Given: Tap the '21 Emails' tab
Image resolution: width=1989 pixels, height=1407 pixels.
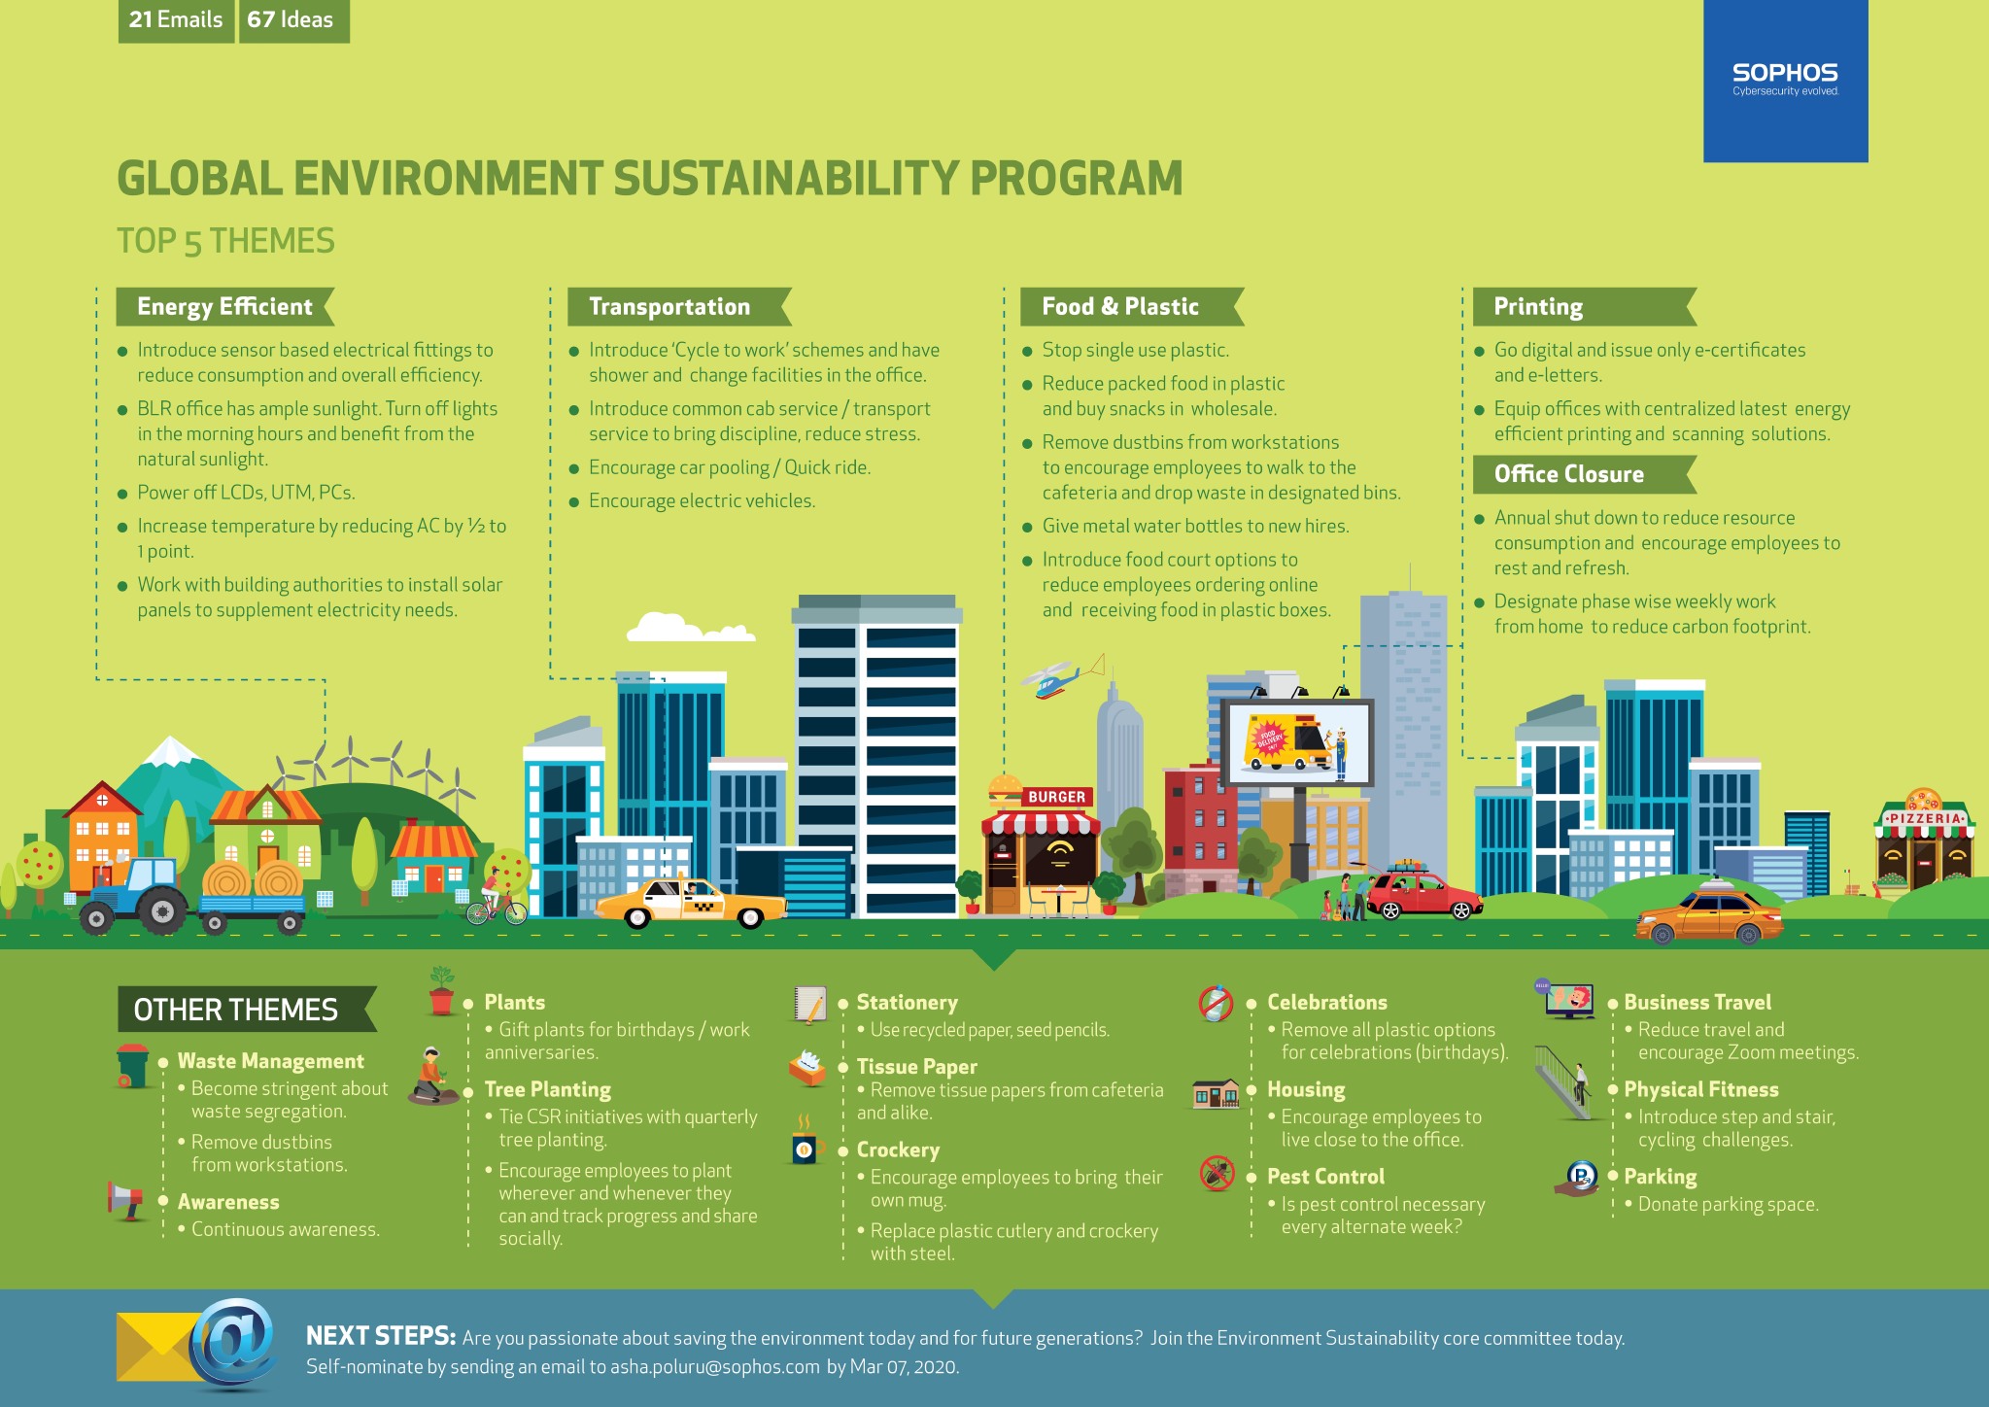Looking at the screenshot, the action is [176, 20].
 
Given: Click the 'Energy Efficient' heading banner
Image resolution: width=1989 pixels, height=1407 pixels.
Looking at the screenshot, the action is [225, 307].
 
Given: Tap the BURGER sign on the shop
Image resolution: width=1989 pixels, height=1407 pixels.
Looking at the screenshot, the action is [1056, 797].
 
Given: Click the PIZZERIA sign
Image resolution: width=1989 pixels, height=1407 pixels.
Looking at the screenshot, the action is [1924, 818].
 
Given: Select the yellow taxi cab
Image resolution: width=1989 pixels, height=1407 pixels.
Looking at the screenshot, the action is [691, 903].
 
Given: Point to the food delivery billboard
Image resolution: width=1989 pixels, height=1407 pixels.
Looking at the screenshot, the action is [1296, 743].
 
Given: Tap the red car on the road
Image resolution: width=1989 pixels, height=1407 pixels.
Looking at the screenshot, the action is [1424, 893].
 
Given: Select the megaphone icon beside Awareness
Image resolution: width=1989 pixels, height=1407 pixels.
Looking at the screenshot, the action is [125, 1201].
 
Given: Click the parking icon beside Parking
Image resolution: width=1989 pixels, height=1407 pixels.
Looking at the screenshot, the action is [1579, 1179].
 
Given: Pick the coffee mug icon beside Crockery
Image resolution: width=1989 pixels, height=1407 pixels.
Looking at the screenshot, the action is [806, 1144].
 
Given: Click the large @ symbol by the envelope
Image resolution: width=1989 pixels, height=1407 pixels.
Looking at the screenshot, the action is [233, 1344].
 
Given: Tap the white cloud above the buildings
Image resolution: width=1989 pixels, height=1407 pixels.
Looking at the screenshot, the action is [691, 628].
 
